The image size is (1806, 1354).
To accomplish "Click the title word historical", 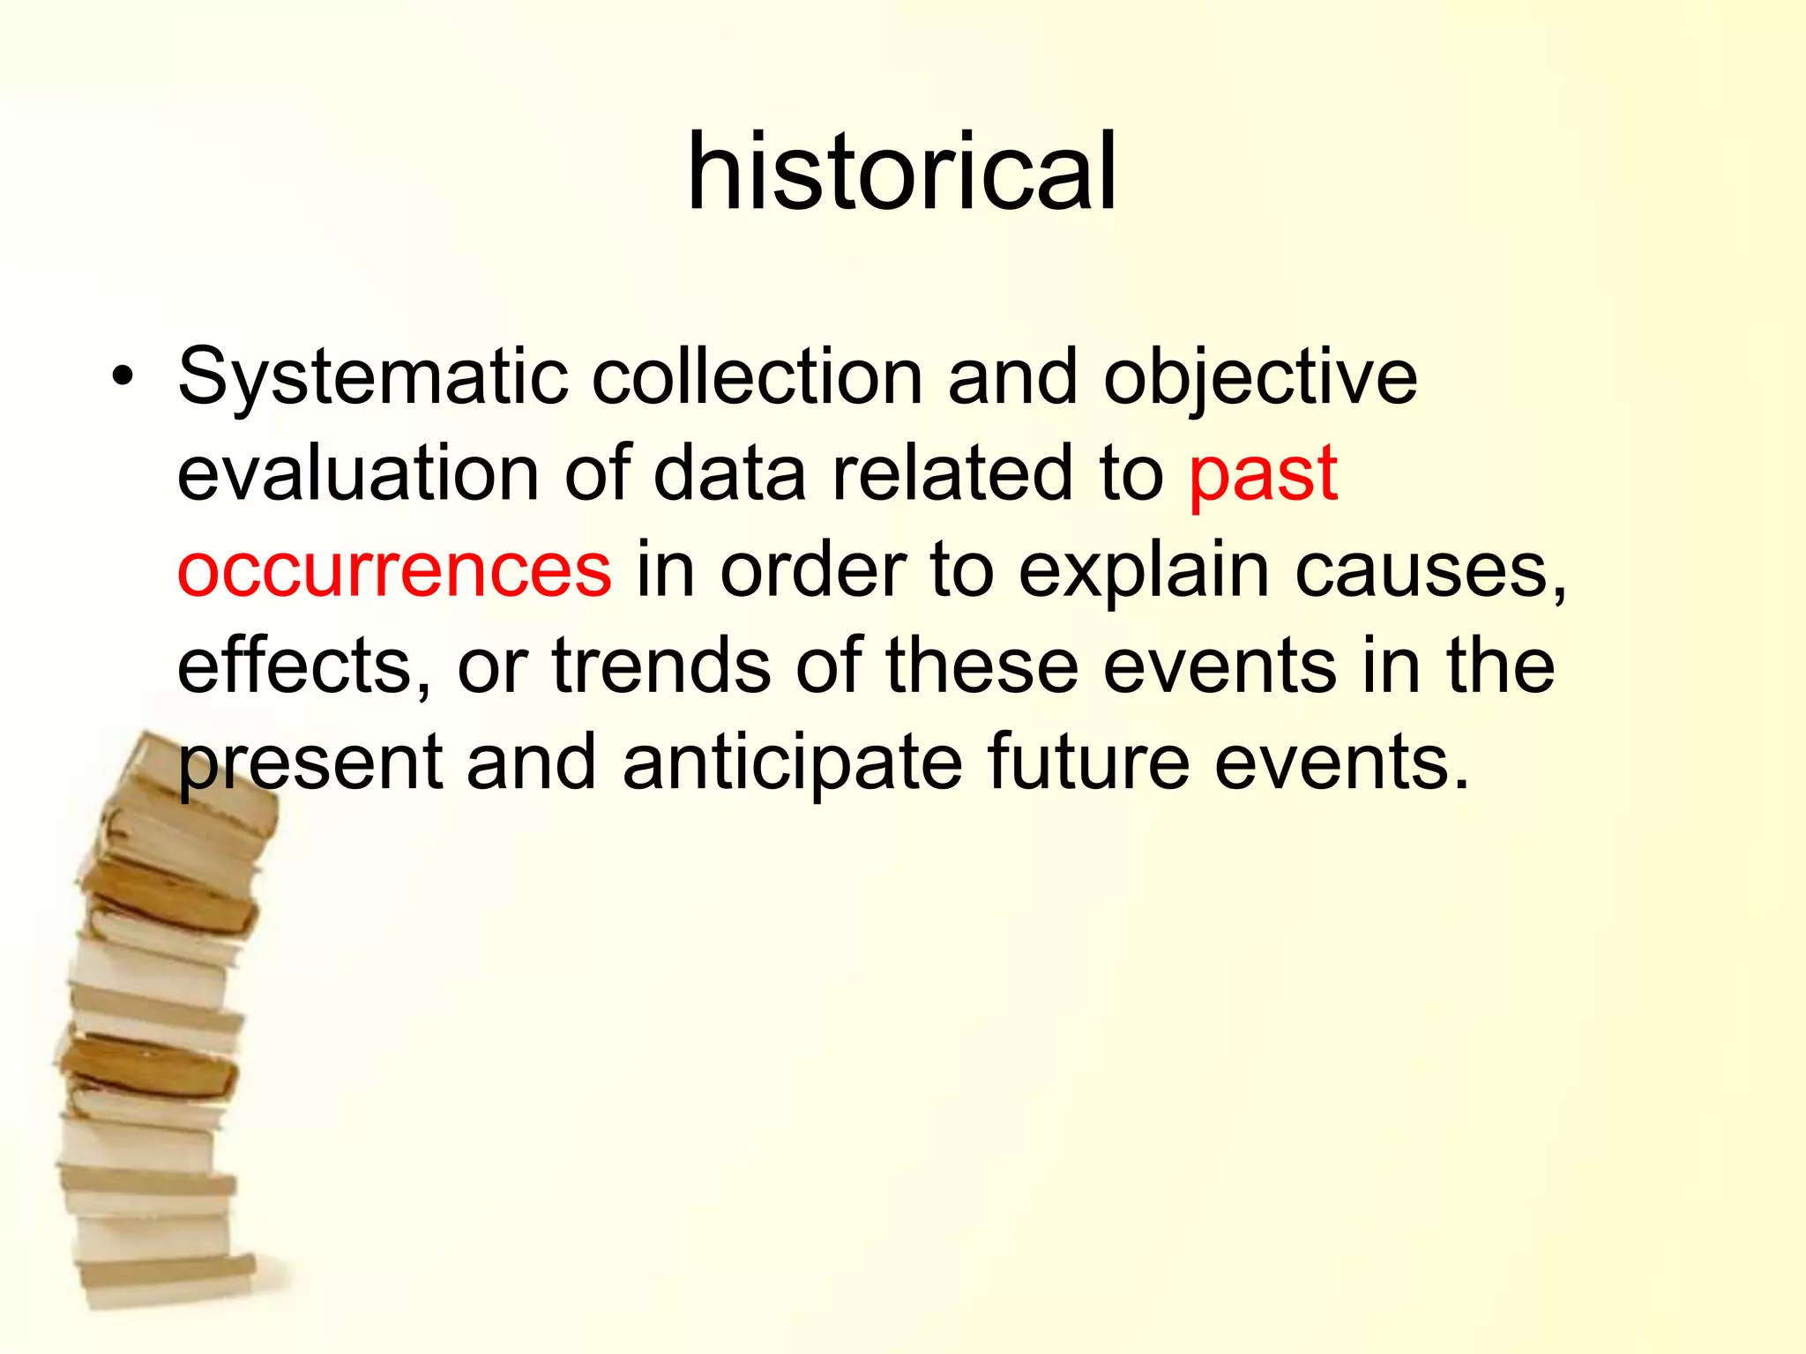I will [x=901, y=172].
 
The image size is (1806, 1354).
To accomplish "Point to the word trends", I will [x=661, y=666].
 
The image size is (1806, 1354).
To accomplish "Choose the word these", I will [x=981, y=666].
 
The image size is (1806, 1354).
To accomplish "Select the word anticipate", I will [x=792, y=763].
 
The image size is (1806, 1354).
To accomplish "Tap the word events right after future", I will [x=1340, y=762].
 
